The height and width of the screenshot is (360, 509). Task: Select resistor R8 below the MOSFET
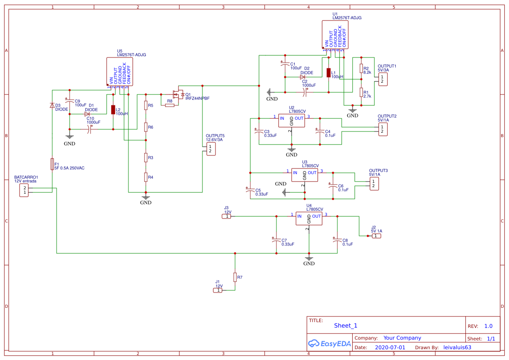click(x=170, y=105)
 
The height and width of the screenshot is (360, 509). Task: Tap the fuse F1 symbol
click(x=52, y=164)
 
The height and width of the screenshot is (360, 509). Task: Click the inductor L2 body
click(x=113, y=110)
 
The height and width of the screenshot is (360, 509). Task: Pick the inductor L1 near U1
click(x=329, y=73)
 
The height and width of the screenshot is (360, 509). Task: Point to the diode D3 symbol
click(x=52, y=105)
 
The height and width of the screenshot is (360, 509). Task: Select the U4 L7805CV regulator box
click(x=309, y=219)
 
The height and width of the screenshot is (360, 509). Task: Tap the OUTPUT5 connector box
click(x=210, y=149)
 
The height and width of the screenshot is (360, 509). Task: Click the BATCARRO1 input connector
click(x=25, y=190)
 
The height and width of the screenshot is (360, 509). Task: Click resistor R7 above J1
click(x=235, y=277)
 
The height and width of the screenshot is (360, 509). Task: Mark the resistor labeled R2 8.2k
click(x=361, y=69)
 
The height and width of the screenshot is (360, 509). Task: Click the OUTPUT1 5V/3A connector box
click(x=382, y=79)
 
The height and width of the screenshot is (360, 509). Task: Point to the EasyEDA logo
click(x=329, y=343)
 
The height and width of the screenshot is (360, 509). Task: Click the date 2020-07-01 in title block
click(x=390, y=347)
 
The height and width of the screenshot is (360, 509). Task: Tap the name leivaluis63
click(x=457, y=347)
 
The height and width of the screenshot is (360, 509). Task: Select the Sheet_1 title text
click(x=345, y=326)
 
